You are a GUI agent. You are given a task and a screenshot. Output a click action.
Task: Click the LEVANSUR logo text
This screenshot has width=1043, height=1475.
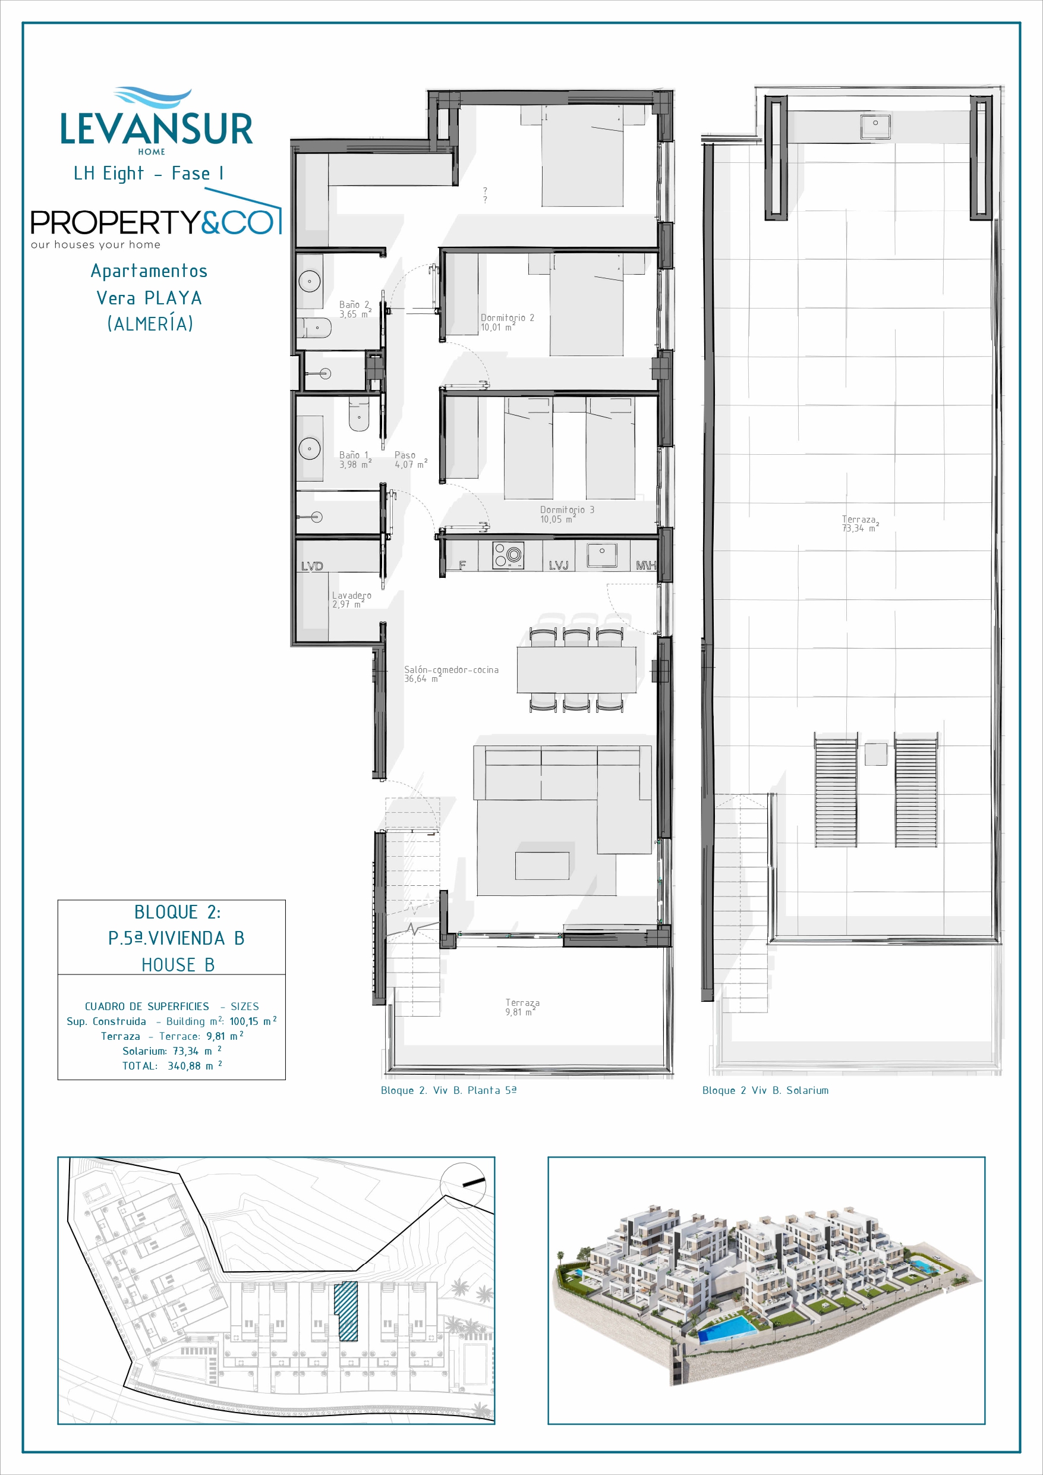157,128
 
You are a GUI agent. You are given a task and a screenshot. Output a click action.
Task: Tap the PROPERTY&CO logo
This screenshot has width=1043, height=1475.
156,222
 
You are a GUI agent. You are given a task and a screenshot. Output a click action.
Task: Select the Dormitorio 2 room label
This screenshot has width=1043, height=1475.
508,322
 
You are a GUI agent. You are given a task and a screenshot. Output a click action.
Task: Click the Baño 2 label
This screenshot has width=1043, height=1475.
355,310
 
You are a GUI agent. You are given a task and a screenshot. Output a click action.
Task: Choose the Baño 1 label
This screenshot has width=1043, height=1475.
355,460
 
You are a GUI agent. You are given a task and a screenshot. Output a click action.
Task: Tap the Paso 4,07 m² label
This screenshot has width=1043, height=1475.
411,460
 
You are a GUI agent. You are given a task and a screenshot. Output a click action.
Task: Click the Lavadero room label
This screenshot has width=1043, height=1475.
351,600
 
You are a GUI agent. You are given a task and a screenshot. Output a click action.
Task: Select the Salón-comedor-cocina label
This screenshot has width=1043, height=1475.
451,674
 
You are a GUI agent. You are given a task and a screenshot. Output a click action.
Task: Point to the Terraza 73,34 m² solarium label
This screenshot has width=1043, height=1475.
861,524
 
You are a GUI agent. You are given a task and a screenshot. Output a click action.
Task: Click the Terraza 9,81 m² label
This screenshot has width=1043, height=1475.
522,1007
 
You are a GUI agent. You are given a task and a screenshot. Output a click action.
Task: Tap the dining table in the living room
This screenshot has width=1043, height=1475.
576,669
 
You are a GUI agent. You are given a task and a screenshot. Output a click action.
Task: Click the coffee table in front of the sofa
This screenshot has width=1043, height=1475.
542,866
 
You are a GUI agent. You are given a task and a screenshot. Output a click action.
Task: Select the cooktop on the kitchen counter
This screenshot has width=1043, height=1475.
508,556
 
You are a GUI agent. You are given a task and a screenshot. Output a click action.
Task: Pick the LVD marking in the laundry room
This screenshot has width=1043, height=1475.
312,566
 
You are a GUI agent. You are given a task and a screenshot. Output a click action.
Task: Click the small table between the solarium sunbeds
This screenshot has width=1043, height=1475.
876,754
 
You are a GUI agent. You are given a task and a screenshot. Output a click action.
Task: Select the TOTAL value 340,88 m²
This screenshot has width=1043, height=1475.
194,1066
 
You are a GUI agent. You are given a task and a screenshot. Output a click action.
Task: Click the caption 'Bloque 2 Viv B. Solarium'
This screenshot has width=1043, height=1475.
765,1090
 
